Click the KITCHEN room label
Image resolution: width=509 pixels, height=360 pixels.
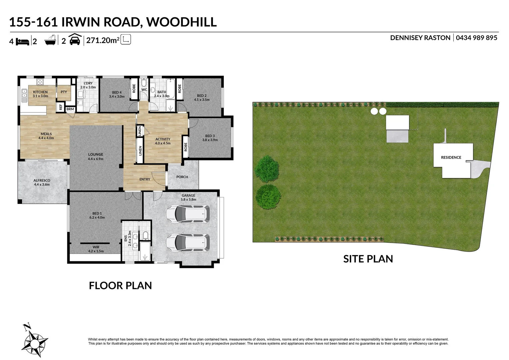tap(40, 92)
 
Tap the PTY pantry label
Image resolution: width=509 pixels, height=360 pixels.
tap(64, 92)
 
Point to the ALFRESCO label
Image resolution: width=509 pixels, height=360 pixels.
tap(42, 181)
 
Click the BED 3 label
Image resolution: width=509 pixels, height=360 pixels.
tap(210, 136)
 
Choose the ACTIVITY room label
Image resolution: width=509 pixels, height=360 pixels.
tap(163, 139)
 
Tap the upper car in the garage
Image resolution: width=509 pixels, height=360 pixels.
tap(188, 214)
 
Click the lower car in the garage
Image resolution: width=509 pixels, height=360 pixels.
tap(188, 242)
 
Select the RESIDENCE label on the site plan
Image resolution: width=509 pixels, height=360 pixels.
tap(451, 157)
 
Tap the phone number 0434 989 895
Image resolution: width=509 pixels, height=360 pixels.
tap(476, 38)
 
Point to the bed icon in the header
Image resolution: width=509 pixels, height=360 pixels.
tap(23, 41)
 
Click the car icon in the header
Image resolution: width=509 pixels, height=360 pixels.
tap(75, 40)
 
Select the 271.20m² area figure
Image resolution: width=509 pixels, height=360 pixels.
tap(103, 41)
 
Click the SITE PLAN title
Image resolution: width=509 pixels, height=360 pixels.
tap(368, 259)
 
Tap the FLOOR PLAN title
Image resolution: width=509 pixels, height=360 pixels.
tap(120, 286)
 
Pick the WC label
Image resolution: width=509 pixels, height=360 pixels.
tap(144, 90)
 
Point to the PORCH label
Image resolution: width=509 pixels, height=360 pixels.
tap(182, 177)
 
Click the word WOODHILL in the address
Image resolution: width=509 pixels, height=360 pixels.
tap(182, 22)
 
